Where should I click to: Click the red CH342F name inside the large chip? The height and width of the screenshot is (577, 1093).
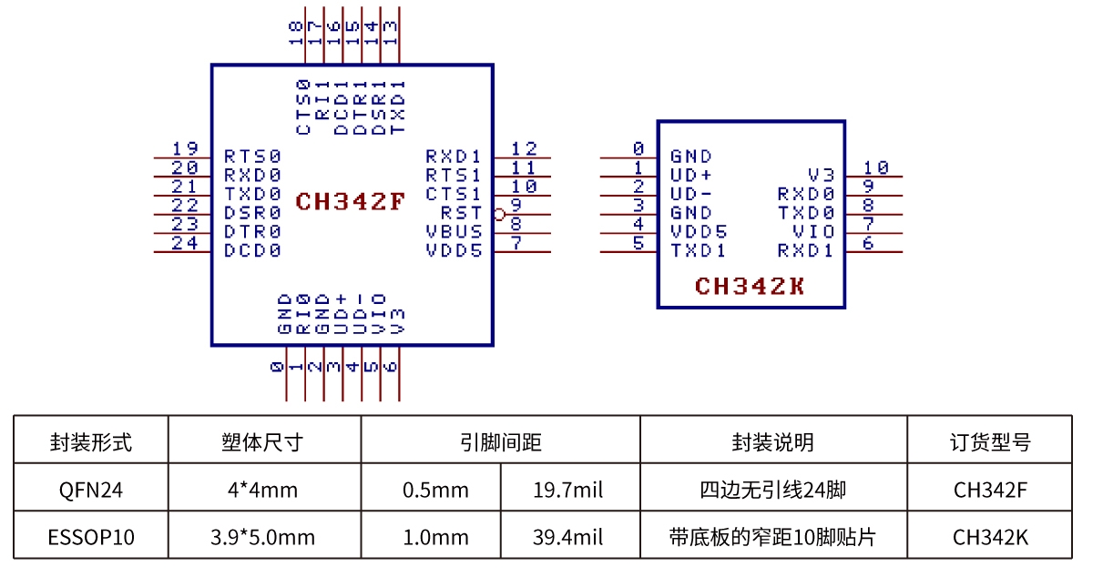coord(350,201)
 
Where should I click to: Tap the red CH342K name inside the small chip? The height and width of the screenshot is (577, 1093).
coord(750,287)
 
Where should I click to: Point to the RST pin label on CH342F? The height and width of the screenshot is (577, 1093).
coord(461,213)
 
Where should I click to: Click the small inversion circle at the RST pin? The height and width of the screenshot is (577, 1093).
coord(498,215)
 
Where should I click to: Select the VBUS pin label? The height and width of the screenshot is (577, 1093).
coord(454,231)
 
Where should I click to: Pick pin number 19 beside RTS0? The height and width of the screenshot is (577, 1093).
coord(185,148)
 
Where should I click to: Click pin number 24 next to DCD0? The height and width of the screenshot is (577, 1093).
coord(185,243)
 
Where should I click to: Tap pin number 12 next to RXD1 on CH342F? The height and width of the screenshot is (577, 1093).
coord(524,148)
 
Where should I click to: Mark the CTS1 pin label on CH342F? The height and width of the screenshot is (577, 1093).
coord(454,194)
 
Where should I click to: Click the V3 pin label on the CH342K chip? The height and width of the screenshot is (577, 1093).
coord(821,175)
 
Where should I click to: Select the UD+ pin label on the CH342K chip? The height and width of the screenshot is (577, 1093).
coord(691,175)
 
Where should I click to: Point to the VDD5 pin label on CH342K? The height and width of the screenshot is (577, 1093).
coord(699,231)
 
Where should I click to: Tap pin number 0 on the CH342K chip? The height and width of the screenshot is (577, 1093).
coord(638,148)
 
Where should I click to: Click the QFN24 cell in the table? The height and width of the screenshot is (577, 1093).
coord(90,491)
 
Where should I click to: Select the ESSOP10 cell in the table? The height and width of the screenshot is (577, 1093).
coord(90,537)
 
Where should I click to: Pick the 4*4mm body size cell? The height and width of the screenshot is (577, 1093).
coord(263,491)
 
